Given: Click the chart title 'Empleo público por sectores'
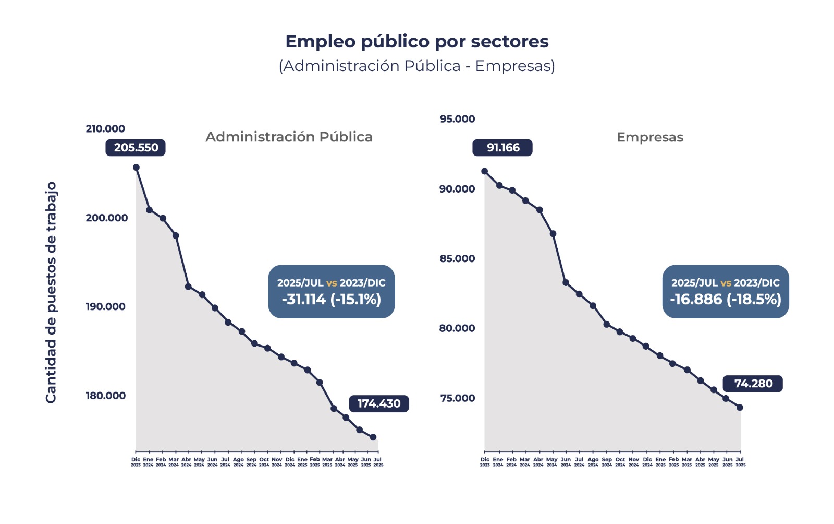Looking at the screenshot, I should pyautogui.click(x=416, y=42).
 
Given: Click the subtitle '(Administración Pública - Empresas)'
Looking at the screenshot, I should pyautogui.click(x=416, y=66).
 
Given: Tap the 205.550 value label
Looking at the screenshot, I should pyautogui.click(x=136, y=148).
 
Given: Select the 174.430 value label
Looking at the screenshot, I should pyautogui.click(x=379, y=403).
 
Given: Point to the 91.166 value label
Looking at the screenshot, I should pyautogui.click(x=502, y=148).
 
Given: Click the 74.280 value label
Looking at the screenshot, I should pyautogui.click(x=753, y=384).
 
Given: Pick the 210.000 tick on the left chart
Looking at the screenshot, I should pyautogui.click(x=105, y=129).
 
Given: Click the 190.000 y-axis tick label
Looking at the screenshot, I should pyautogui.click(x=105, y=307).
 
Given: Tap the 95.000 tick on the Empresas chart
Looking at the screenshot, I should pyautogui.click(x=457, y=119).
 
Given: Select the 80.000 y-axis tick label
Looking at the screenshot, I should pyautogui.click(x=457, y=328).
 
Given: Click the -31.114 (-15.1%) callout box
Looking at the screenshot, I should pyautogui.click(x=332, y=292).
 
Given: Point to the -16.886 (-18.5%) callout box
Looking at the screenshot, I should pyautogui.click(x=726, y=292).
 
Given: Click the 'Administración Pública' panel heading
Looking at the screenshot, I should pyautogui.click(x=289, y=137).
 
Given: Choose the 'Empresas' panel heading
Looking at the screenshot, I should pyautogui.click(x=649, y=137).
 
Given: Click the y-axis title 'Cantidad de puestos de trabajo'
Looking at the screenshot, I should pyautogui.click(x=51, y=292).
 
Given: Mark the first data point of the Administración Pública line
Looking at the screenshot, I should pyautogui.click(x=136, y=168).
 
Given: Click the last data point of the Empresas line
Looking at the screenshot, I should pyautogui.click(x=740, y=408).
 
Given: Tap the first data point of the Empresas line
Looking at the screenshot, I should pyautogui.click(x=485, y=171).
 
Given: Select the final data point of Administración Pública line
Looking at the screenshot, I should pyautogui.click(x=373, y=437).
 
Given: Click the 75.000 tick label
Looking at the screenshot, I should pyautogui.click(x=457, y=398).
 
